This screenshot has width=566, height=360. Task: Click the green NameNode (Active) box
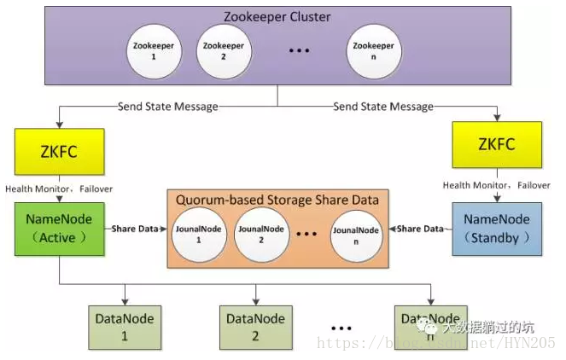click(58, 228)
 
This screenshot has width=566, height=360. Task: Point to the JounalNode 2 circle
click(261, 234)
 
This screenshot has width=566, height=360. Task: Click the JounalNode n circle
click(356, 234)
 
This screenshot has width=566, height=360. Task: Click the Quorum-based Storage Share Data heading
click(277, 200)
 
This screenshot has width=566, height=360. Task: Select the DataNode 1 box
click(125, 326)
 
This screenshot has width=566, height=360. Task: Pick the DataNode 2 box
click(255, 326)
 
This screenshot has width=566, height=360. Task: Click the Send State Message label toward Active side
click(167, 107)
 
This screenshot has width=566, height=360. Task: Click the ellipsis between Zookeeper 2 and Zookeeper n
click(298, 50)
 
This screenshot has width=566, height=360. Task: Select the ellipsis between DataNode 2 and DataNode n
click(341, 328)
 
